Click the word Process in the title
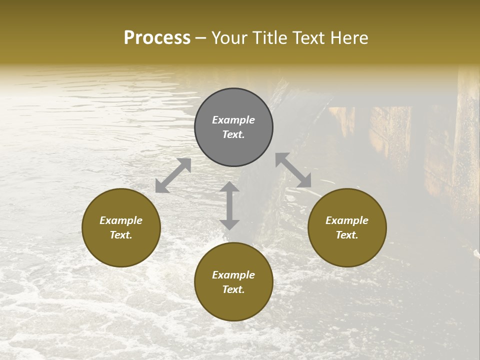pos(157,38)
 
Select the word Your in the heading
pos(228,38)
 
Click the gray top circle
pos(233,127)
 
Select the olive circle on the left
pos(121,227)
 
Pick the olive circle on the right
pos(347,227)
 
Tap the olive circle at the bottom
pos(233,282)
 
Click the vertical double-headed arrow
pos(229,206)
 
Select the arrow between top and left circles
pos(173,175)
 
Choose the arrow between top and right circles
pos(293,170)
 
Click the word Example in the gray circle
pos(233,120)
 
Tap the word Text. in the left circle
pos(121,235)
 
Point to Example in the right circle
pos(347,220)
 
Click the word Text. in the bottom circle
pos(233,289)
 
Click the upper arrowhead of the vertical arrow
pos(229,187)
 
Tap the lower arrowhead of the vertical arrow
pos(229,224)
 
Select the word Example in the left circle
pos(121,220)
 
